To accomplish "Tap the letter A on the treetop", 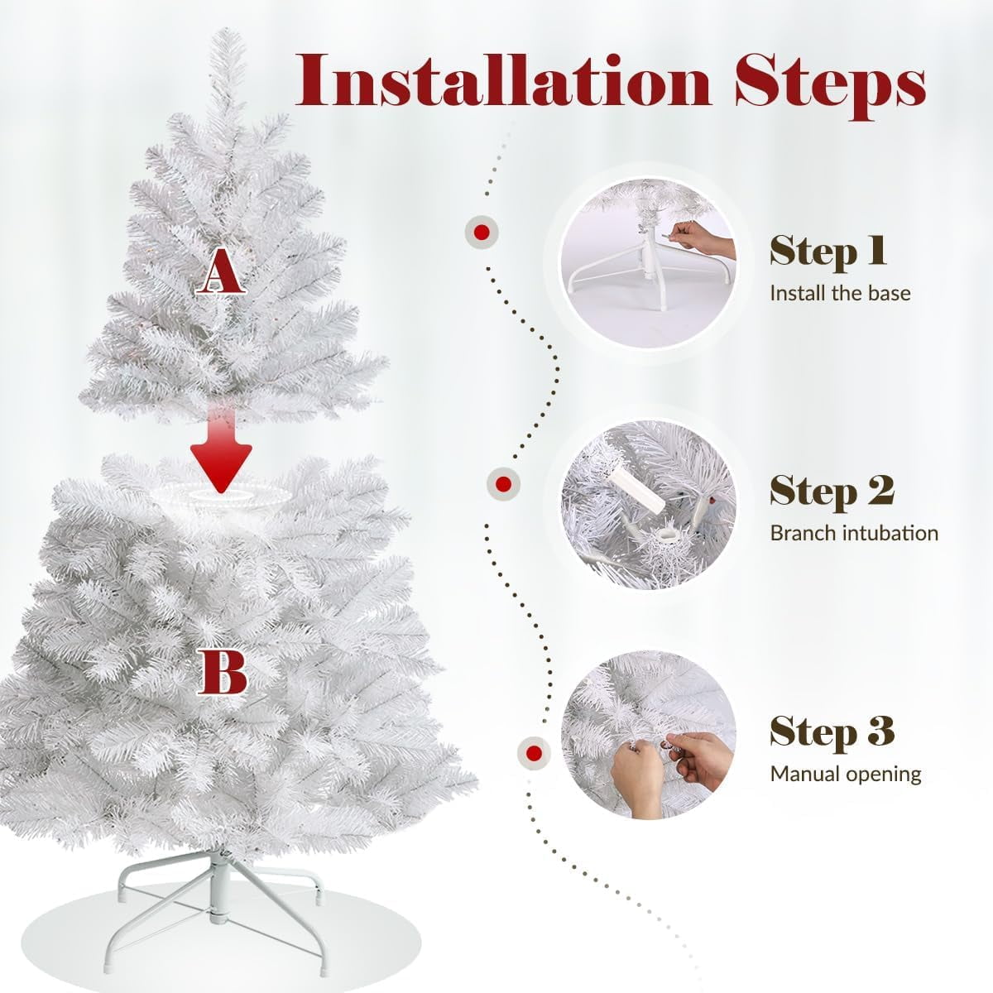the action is pyautogui.click(x=221, y=271).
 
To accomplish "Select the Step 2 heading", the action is pyautogui.click(x=832, y=492).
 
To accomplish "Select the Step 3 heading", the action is pyautogui.click(x=832, y=732).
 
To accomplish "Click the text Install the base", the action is pyautogui.click(x=840, y=294).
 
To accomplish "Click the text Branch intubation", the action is pyautogui.click(x=854, y=534).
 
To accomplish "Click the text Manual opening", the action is pyautogui.click(x=846, y=775).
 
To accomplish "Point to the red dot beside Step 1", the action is pyautogui.click(x=482, y=233).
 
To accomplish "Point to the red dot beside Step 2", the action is pyautogui.click(x=503, y=484).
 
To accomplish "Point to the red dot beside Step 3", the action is pyautogui.click(x=534, y=754).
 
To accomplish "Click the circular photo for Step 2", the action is pyautogui.click(x=648, y=504).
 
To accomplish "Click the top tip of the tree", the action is pyautogui.click(x=227, y=30).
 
